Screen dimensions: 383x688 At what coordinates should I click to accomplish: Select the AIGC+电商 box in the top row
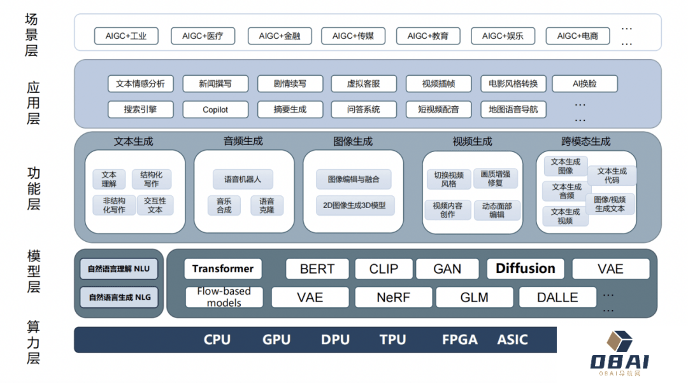coord(577,36)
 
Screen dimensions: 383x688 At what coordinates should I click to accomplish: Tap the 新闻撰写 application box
coord(215,83)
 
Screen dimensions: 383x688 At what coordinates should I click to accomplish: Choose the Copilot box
coord(215,109)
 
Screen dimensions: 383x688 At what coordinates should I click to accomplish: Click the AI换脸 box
coord(584,83)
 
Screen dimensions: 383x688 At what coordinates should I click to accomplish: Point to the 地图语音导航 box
coord(513,109)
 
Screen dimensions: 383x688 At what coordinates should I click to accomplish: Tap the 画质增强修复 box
coord(496,178)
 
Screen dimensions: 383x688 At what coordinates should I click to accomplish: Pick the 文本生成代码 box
coord(612,176)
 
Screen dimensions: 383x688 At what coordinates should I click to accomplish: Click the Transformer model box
coord(223,268)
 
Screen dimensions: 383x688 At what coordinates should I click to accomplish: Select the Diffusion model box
coord(526,268)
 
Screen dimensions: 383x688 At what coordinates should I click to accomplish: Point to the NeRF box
coord(393,297)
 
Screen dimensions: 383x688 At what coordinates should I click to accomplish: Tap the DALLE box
coord(557,297)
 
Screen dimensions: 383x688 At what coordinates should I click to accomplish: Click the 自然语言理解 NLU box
coord(119,269)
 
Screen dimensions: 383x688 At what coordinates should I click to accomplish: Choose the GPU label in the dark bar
coord(276,340)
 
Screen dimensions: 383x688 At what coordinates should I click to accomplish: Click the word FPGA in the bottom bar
coord(459,340)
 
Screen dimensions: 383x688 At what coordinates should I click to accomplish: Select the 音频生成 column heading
coord(243,141)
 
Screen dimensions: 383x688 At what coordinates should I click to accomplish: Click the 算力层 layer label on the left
coord(32,343)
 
